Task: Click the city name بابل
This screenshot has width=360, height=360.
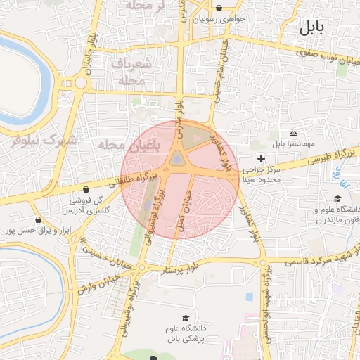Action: (311, 28)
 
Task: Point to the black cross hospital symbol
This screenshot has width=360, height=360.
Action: (262, 159)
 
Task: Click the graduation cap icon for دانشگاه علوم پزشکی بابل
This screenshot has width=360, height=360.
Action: (186, 319)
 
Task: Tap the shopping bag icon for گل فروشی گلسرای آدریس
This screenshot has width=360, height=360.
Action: (86, 189)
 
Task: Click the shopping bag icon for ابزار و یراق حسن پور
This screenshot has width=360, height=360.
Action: (9, 230)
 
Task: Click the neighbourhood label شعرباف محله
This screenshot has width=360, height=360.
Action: (128, 72)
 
